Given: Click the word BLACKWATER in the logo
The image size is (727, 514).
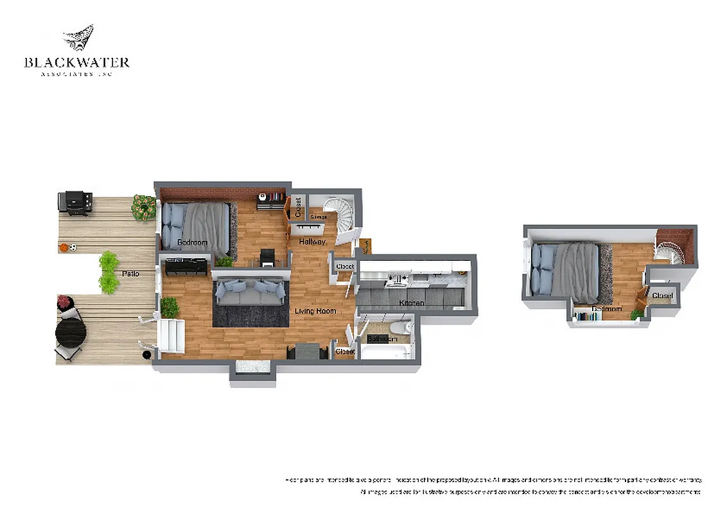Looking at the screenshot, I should [76, 62].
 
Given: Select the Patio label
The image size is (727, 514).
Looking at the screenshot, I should [131, 274].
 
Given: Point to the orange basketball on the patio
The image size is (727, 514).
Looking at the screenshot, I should [64, 247].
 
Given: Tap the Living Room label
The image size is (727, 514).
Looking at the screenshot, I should [315, 311].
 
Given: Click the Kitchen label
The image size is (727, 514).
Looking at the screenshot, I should [411, 303].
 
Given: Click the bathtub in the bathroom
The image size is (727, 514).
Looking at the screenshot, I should [383, 351].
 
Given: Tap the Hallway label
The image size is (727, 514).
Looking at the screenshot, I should [311, 242].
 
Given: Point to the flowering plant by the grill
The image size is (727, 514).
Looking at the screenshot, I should [144, 207].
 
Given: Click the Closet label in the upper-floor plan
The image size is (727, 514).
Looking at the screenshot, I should [662, 295].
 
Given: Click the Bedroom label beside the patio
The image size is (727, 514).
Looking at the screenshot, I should [192, 242].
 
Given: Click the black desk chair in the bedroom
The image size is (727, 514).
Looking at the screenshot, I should [267, 257].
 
